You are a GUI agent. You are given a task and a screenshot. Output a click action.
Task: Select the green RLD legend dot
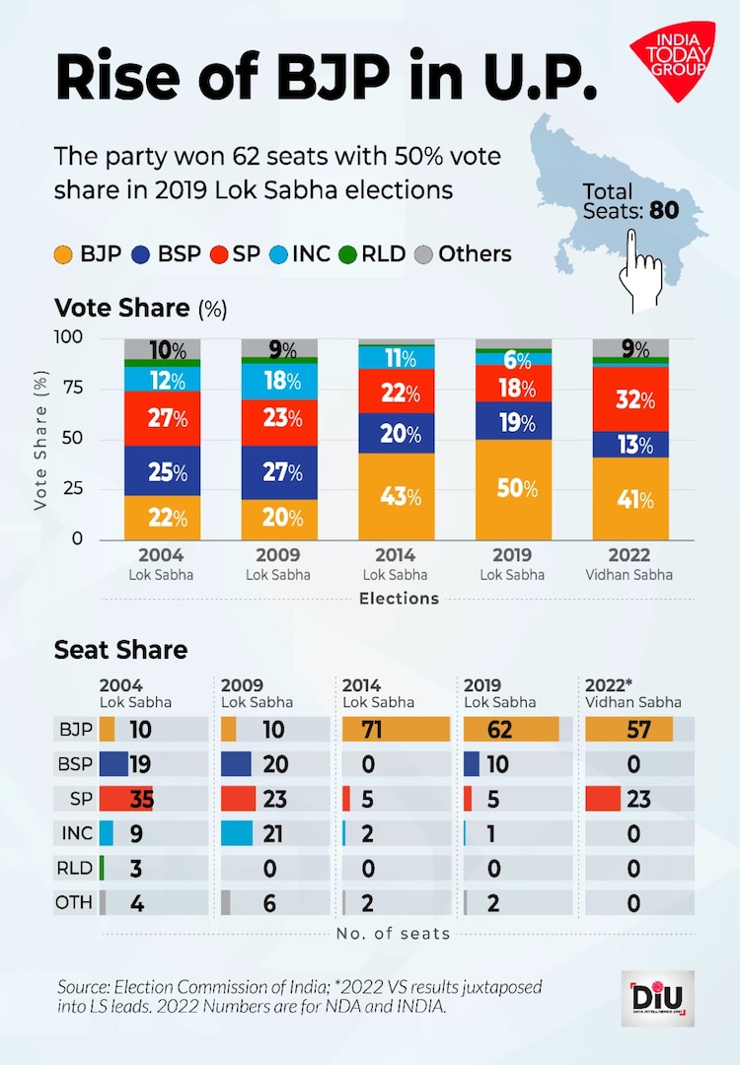pyautogui.click(x=345, y=253)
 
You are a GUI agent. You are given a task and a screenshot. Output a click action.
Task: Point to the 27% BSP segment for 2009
pyautogui.click(x=281, y=472)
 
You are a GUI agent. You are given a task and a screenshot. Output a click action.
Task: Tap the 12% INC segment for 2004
pyautogui.click(x=163, y=379)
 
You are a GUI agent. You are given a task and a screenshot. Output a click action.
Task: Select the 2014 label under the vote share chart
pyautogui.click(x=396, y=556)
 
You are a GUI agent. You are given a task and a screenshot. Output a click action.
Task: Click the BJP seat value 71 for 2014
pyautogui.click(x=372, y=730)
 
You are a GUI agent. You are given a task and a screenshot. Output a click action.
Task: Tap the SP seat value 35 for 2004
pyautogui.click(x=142, y=799)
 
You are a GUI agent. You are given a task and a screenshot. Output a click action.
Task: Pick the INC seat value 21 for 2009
pyautogui.click(x=271, y=833)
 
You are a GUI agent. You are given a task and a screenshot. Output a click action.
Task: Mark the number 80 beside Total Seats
pyautogui.click(x=663, y=209)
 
